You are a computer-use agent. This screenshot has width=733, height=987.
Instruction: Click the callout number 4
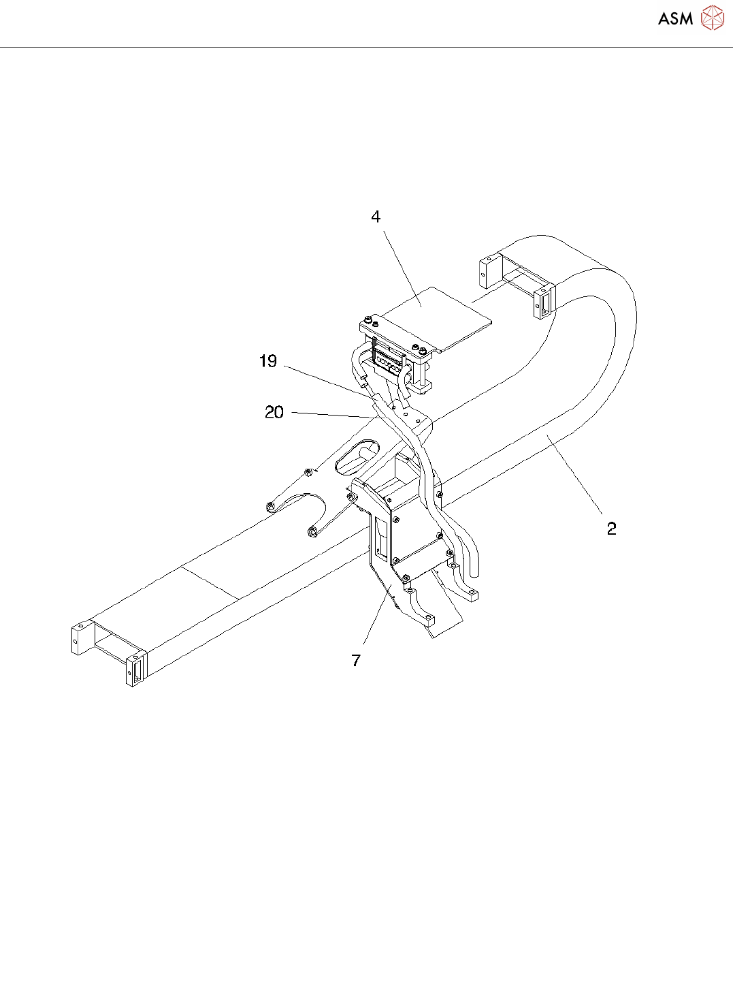[x=376, y=217]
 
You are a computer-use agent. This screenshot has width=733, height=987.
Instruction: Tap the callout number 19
[x=268, y=361]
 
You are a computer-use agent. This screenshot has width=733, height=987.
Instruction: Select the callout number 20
[x=274, y=412]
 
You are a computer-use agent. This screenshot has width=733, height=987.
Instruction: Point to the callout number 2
[x=611, y=529]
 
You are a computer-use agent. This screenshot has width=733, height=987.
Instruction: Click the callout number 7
[x=356, y=660]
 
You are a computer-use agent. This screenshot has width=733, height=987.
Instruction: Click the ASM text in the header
[x=675, y=18]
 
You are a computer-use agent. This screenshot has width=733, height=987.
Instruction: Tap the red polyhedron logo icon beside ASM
[x=713, y=18]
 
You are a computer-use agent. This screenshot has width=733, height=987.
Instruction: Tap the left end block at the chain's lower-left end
[x=80, y=638]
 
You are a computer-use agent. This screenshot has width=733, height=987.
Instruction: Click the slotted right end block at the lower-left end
[x=135, y=669]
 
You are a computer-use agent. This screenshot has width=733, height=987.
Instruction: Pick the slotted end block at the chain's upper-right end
[x=544, y=302]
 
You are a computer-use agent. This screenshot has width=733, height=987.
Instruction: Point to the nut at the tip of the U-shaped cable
[x=312, y=531]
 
